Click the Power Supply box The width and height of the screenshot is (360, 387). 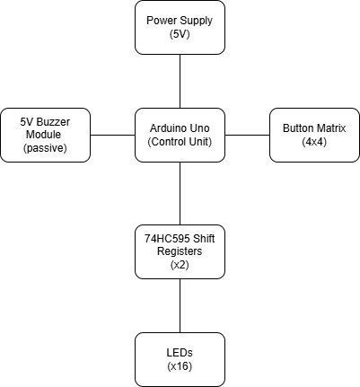[x=180, y=27]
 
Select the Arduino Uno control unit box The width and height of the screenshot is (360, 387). [x=180, y=135]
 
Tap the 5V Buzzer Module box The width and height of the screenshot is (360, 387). [x=45, y=135]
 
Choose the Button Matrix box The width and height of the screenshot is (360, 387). [x=314, y=135]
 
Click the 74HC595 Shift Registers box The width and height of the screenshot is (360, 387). [x=180, y=251]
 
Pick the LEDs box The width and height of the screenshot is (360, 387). [x=180, y=359]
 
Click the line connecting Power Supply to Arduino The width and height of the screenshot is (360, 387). [x=180, y=81]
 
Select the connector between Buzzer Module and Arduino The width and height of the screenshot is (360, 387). [x=112, y=135]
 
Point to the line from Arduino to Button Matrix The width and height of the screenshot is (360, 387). [x=247, y=135]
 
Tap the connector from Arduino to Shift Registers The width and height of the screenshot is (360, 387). [x=180, y=193]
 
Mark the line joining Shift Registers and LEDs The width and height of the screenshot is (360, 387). [x=180, y=305]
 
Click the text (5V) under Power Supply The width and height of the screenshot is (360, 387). [x=180, y=34]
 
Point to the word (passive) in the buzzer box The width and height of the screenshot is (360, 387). [x=45, y=147]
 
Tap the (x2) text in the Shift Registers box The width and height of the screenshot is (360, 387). [x=180, y=265]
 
